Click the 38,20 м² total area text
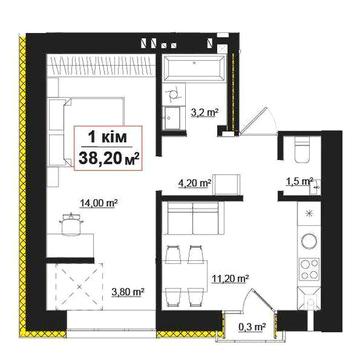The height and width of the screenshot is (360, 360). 108,157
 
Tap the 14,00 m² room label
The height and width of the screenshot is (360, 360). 99,203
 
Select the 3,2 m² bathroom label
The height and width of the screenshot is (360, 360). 204,112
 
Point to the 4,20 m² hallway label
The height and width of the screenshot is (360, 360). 194,183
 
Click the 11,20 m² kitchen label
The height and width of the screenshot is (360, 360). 230,278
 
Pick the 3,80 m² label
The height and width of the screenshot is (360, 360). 127,292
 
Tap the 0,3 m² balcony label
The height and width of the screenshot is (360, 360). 252,327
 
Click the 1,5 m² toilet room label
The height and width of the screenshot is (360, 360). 299,181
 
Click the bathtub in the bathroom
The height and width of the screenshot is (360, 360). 194,68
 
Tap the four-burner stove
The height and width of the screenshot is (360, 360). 309,269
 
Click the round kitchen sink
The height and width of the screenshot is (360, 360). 309,241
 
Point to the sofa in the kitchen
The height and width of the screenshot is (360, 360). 193,218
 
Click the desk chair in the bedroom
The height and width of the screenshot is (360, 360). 71,224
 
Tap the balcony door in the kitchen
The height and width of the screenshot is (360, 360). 258,301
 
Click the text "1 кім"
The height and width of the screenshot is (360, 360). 108,136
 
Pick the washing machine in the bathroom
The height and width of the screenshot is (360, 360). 173,94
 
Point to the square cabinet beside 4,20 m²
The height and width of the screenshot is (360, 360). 227,184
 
